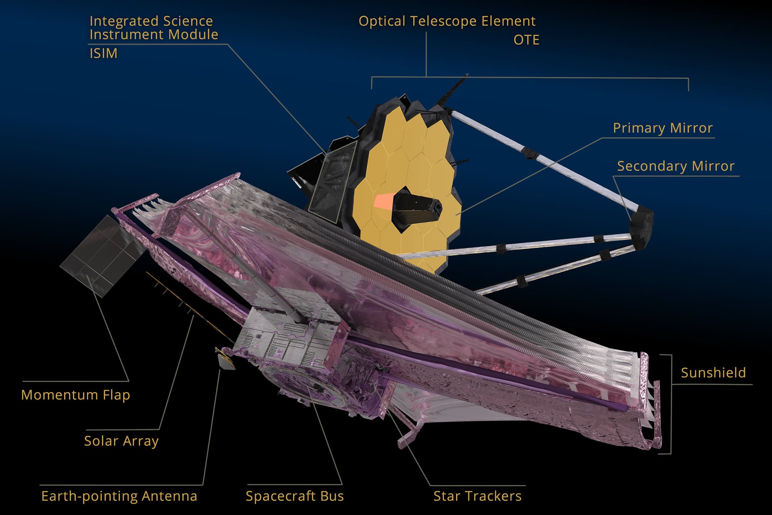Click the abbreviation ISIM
pos(103,53)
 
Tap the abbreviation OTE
pos(526,40)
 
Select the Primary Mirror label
pos(662,128)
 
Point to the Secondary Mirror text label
pos(675,166)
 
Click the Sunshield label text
pos(713,373)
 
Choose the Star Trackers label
pos(477,496)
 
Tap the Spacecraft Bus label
pos(295,496)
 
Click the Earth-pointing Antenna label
pos(119,496)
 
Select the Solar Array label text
pos(121,441)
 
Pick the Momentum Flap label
pos(75,395)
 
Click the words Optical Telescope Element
pos(447,21)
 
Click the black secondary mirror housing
pos(641,228)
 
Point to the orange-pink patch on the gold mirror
pos(383,201)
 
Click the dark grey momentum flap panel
pos(102,255)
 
